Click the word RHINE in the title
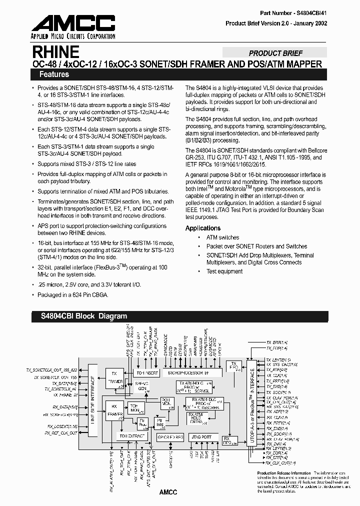pyautogui.click(x=55, y=52)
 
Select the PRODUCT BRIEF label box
pyautogui.click(x=275, y=53)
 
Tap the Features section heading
pyautogui.click(x=50, y=74)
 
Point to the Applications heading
pyautogui.click(x=202, y=228)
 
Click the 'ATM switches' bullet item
pyautogui.click(x=222, y=237)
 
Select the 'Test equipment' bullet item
pyautogui.click(x=224, y=271)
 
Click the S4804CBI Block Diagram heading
pyautogui.click(x=80, y=316)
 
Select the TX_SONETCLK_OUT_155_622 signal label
pyautogui.click(x=51, y=369)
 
